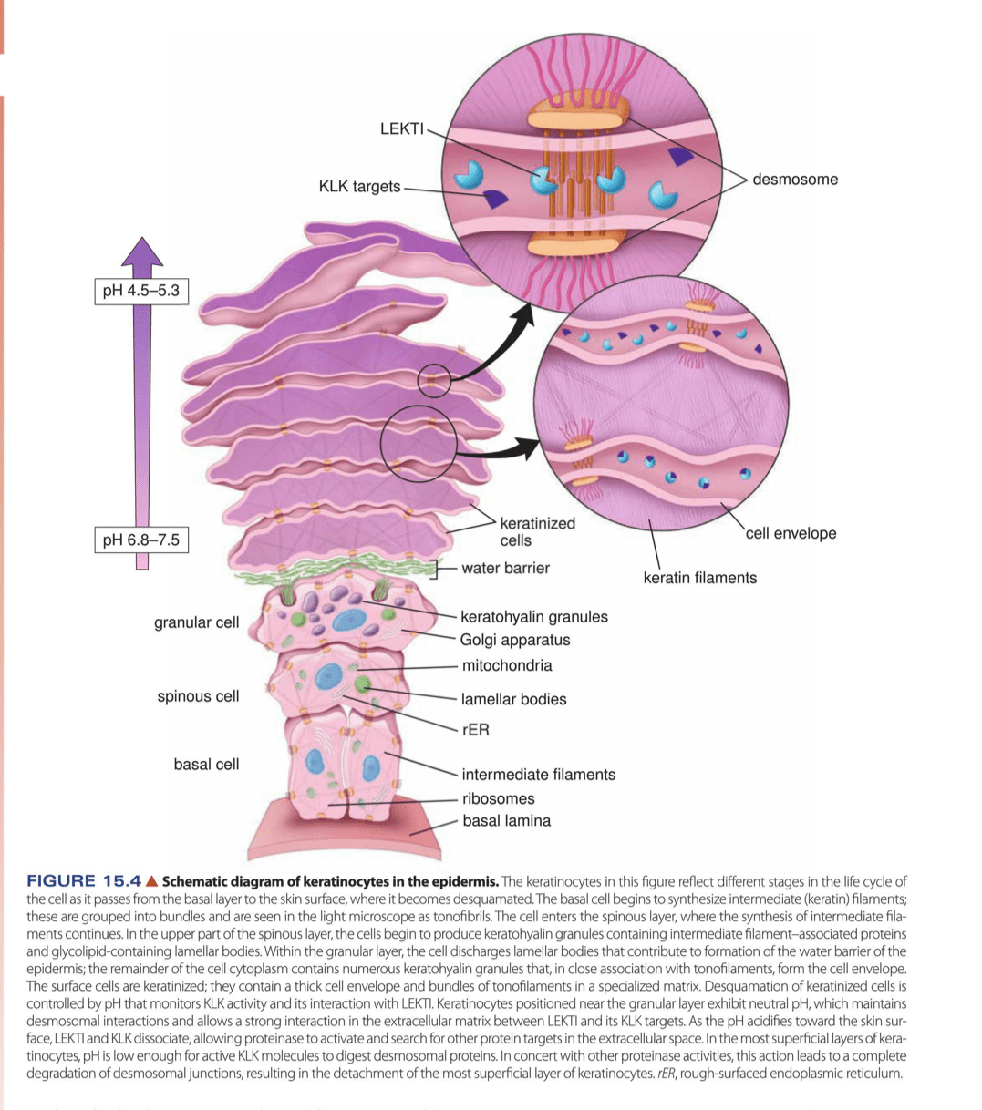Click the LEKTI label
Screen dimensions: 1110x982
pyautogui.click(x=402, y=128)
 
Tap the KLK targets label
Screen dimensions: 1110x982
pyautogui.click(x=359, y=187)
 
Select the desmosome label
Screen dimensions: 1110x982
pyautogui.click(x=794, y=180)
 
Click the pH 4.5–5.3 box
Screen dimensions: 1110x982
pyautogui.click(x=141, y=292)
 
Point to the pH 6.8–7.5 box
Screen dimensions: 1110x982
pyautogui.click(x=141, y=540)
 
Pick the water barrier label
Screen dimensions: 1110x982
pyautogui.click(x=505, y=569)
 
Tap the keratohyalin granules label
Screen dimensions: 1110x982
pyautogui.click(x=533, y=617)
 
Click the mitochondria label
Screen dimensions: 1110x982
pyautogui.click(x=507, y=665)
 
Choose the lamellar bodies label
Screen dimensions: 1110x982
pyautogui.click(x=513, y=699)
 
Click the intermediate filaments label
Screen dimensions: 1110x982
pyautogui.click(x=538, y=775)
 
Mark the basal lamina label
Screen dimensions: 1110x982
pyautogui.click(x=506, y=821)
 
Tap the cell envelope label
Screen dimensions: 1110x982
pyautogui.click(x=791, y=533)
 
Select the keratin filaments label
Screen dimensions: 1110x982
pyautogui.click(x=699, y=577)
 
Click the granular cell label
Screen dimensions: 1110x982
pyautogui.click(x=197, y=622)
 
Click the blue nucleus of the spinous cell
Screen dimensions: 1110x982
pyautogui.click(x=327, y=678)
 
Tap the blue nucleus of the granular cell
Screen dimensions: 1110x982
pyautogui.click(x=347, y=621)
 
